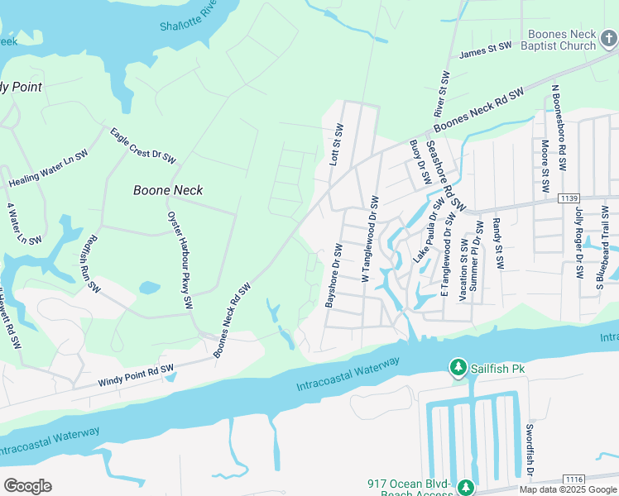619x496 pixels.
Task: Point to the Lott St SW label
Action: pos(337,146)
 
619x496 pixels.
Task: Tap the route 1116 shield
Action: pos(574,479)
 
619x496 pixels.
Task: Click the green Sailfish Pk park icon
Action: pos(457,367)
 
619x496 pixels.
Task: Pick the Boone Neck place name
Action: pos(168,190)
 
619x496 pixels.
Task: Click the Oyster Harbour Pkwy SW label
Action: pos(180,260)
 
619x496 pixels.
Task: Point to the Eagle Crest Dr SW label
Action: pos(143,144)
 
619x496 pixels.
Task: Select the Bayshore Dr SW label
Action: pos(333,276)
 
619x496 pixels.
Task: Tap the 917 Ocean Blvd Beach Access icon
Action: pos(465,487)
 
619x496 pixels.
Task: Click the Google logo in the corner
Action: pos(27,486)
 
